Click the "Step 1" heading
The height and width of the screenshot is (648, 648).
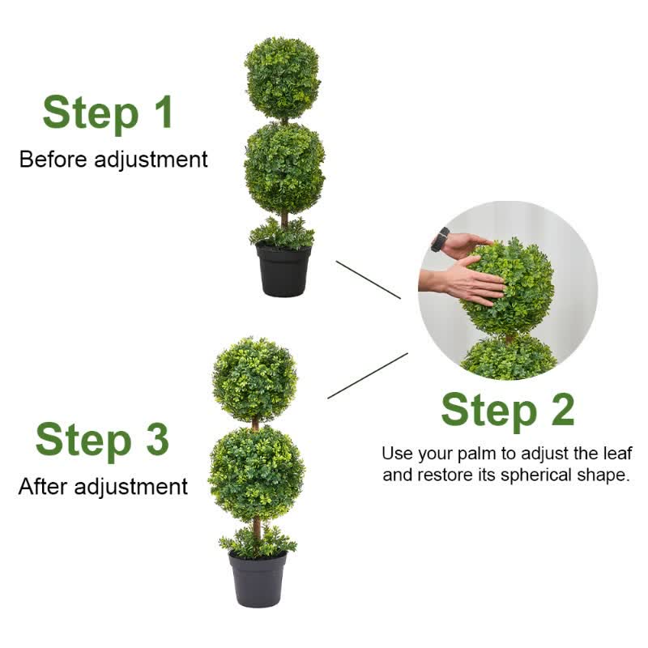pyautogui.click(x=108, y=113)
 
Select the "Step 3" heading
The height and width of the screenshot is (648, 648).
pyautogui.click(x=102, y=440)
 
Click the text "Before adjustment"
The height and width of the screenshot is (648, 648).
pyautogui.click(x=113, y=160)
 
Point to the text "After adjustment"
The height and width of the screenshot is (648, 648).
pyautogui.click(x=103, y=487)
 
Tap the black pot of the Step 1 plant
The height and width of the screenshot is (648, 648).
pyautogui.click(x=283, y=271)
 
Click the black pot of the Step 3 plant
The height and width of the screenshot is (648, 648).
pyautogui.click(x=258, y=578)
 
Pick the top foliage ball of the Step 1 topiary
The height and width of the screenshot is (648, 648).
pyautogui.click(x=283, y=78)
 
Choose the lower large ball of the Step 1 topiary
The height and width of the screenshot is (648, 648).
pyautogui.click(x=284, y=168)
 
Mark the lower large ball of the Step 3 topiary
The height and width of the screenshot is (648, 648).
pyautogui.click(x=256, y=474)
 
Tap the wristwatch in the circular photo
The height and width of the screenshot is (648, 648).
pyautogui.click(x=441, y=239)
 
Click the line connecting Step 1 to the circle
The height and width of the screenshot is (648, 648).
pyautogui.click(x=368, y=279)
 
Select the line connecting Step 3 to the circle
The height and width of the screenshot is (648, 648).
pyautogui.click(x=367, y=376)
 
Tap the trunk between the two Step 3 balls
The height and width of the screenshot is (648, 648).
pyautogui.click(x=255, y=424)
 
